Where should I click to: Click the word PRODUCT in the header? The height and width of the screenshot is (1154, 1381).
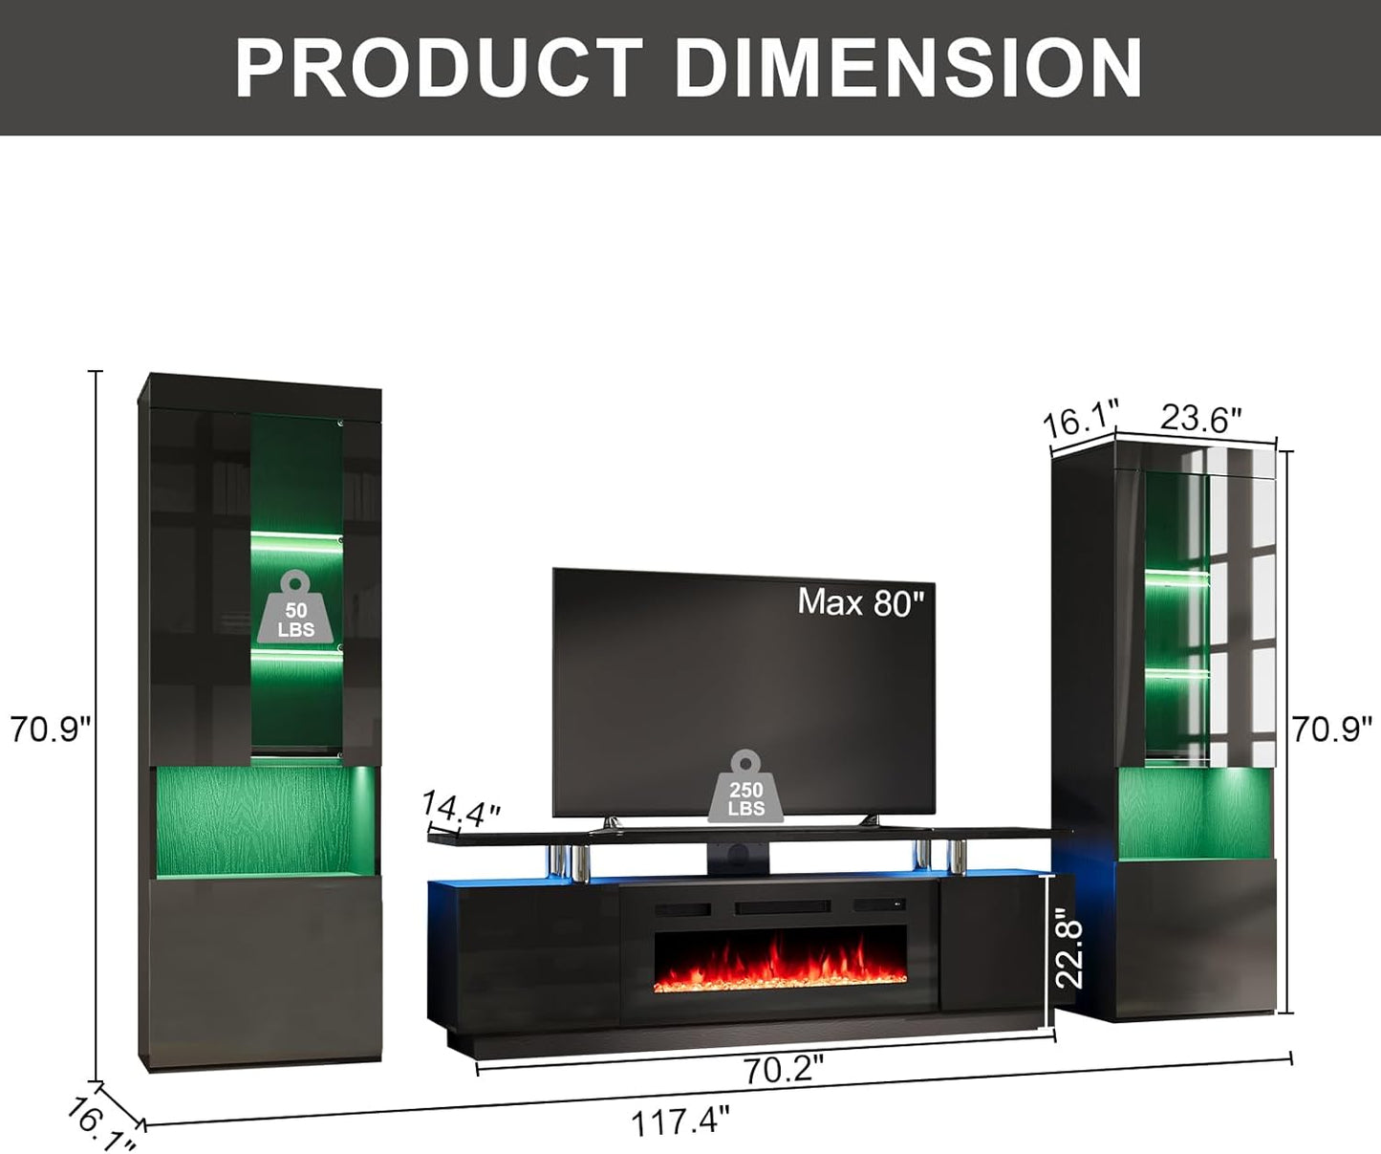pyautogui.click(x=439, y=68)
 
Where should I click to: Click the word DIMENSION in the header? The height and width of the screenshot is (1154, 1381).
pyautogui.click(x=908, y=68)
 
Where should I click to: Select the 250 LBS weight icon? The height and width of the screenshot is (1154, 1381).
pyautogui.click(x=745, y=786)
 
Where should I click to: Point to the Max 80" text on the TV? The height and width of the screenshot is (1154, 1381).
pyautogui.click(x=860, y=602)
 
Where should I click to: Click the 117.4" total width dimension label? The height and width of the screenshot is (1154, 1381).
pyautogui.click(x=680, y=1121)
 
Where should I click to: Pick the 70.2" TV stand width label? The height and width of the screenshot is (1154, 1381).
pyautogui.click(x=785, y=1071)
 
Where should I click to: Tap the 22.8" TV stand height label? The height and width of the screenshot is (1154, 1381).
pyautogui.click(x=1068, y=954)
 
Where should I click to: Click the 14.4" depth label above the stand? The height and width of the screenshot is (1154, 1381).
pyautogui.click(x=461, y=810)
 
